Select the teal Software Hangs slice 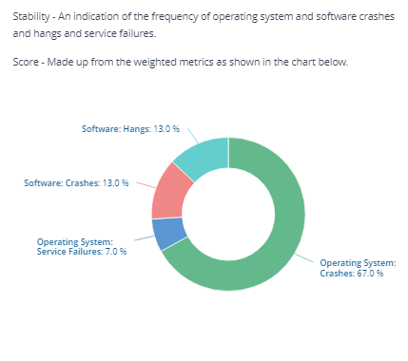pos(206,157)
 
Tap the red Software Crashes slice pos(169,193)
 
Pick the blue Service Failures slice pos(169,234)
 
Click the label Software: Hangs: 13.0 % pos(130,129)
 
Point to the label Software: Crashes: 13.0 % pos(76,183)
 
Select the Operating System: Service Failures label pos(82,247)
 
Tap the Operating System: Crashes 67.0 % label pos(358,268)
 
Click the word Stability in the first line pos(31,16)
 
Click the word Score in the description pos(26,62)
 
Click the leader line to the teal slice pos(193,136)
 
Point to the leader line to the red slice pos(146,185)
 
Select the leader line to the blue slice pos(145,238)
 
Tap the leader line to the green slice pos(303,257)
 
